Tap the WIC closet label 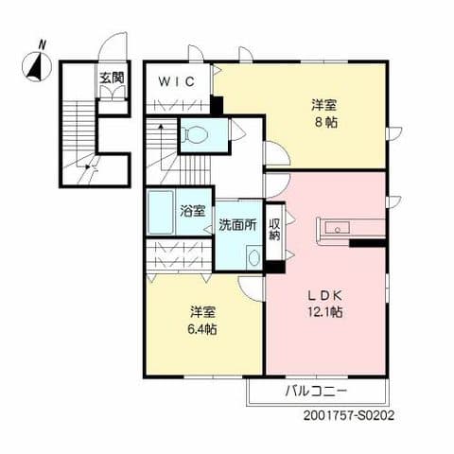(177, 81)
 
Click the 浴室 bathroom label (192, 210)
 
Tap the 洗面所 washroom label (237, 225)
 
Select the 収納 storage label (274, 229)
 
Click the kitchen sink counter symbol (340, 228)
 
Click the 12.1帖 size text (323, 311)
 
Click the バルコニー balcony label (316, 391)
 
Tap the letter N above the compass (41, 43)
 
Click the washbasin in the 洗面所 (253, 256)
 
